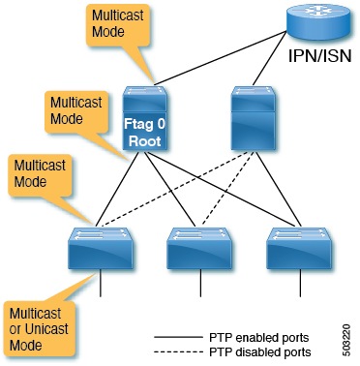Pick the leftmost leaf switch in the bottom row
pyautogui.click(x=100, y=246)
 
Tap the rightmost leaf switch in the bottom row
pyautogui.click(x=295, y=246)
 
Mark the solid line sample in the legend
pyautogui.click(x=178, y=337)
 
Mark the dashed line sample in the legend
pyautogui.click(x=178, y=352)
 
